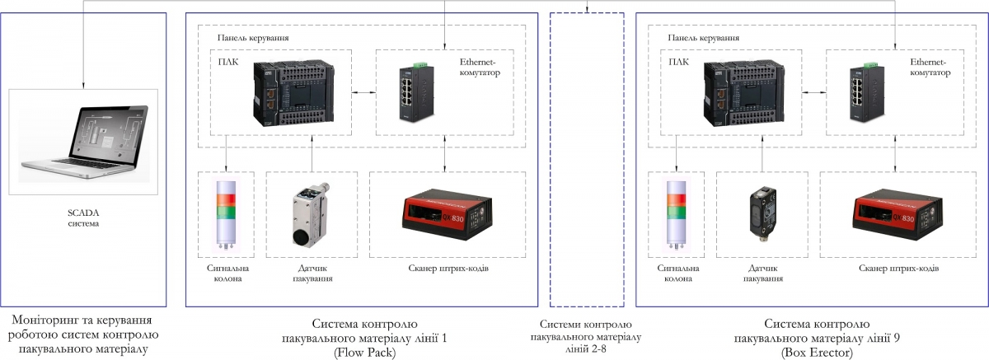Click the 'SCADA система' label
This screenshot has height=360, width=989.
82,218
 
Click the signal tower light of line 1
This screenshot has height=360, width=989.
226,214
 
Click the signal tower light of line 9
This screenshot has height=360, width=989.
677,214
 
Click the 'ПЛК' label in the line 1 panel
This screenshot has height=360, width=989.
227,60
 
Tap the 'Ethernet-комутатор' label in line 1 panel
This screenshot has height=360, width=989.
478,67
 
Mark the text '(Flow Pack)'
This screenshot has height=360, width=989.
365,352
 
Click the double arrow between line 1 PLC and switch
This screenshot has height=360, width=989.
363,94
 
